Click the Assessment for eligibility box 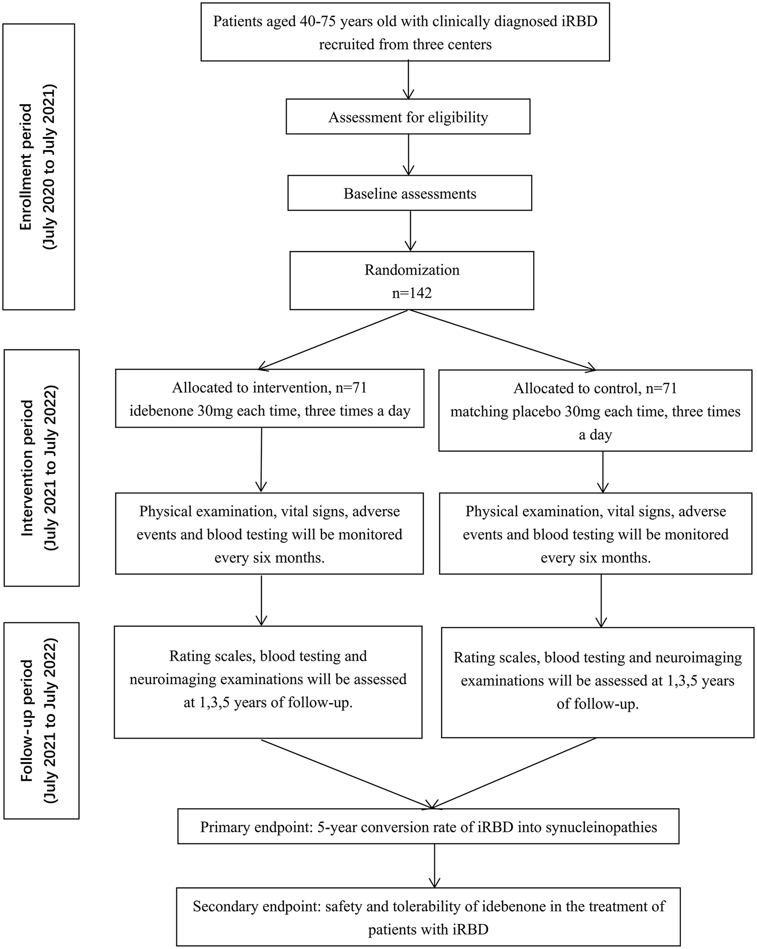click(408, 117)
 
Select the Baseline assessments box click(410, 193)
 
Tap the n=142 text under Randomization click(412, 293)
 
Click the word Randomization click(412, 270)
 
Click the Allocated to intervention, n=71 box click(270, 398)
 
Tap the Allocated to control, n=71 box click(595, 410)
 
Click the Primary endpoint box click(428, 827)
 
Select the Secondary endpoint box click(428, 917)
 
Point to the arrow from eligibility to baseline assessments click(409, 154)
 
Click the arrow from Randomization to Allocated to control click(502, 340)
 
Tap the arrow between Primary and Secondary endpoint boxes click(434, 865)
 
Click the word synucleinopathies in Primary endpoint click(601, 827)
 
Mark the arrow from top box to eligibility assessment click(409, 79)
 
